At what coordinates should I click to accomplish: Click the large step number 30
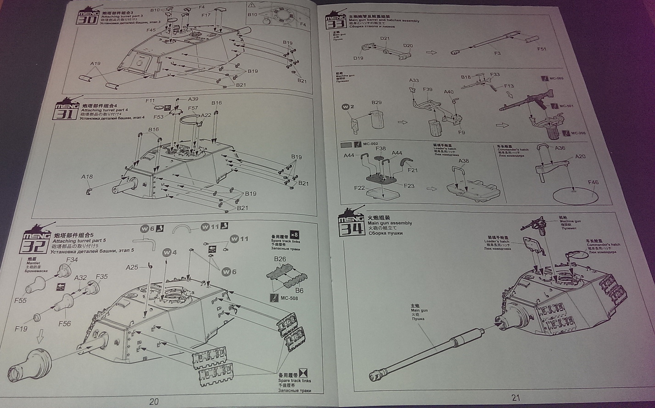(87, 20)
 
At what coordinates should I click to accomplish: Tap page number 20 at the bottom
(154, 402)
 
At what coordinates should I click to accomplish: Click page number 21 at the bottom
(515, 398)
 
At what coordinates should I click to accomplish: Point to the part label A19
(95, 64)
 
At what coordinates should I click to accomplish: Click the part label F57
(193, 108)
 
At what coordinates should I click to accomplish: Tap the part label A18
(87, 176)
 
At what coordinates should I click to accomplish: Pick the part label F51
(542, 49)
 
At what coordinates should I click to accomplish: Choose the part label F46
(593, 182)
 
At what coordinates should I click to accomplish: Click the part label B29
(377, 102)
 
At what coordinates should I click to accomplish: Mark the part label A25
(132, 267)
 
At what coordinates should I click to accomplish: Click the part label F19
(21, 328)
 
